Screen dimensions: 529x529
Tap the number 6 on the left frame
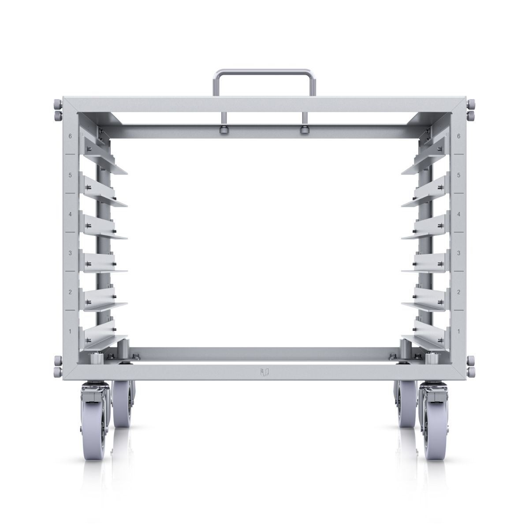(71, 136)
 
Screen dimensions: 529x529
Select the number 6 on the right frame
(458, 136)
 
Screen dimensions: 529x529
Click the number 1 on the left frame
(71, 331)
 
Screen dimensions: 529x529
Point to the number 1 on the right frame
(458, 331)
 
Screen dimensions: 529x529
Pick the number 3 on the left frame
(71, 253)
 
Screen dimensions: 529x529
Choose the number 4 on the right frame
(458, 214)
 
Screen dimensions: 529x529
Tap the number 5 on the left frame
(71, 175)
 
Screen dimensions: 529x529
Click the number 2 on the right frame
(458, 292)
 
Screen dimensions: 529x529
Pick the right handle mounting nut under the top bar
(303, 130)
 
